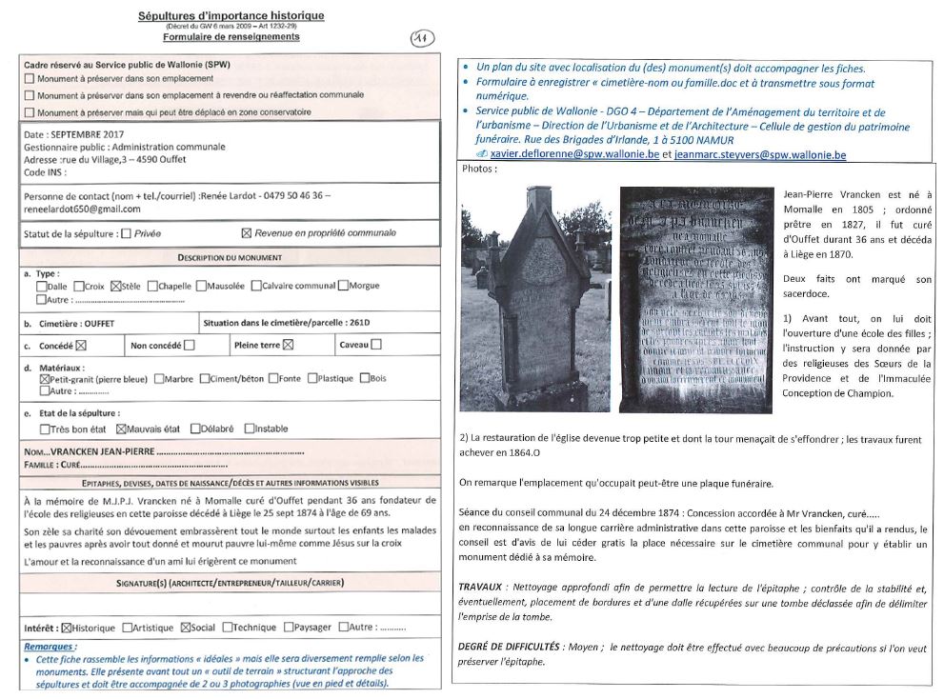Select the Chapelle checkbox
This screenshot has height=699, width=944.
click(x=152, y=286)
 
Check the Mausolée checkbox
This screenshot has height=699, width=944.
click(x=201, y=286)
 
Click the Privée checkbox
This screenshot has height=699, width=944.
click(x=127, y=233)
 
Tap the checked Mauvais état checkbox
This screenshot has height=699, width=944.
click(x=121, y=429)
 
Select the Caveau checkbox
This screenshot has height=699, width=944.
click(x=376, y=345)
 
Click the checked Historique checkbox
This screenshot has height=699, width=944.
click(x=67, y=628)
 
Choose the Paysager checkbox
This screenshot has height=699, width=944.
click(x=287, y=628)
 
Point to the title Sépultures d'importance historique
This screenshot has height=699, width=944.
click(x=231, y=16)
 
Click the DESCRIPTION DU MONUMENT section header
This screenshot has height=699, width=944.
click(x=230, y=257)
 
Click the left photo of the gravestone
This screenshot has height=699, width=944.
click(x=536, y=299)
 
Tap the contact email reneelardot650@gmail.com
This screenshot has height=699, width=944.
click(x=82, y=209)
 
